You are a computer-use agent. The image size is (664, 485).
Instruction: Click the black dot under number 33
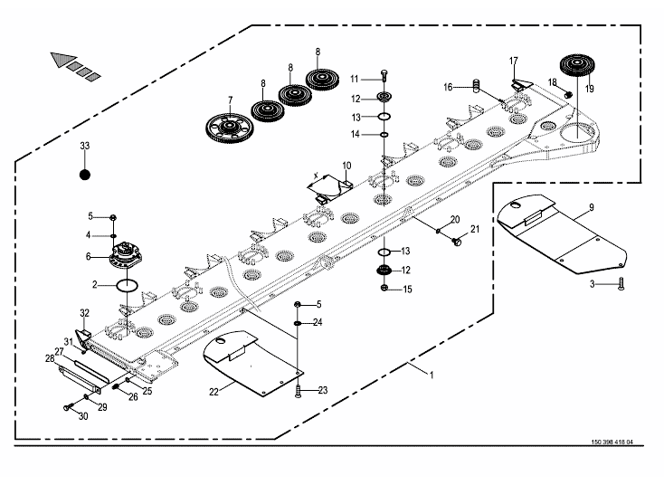coord(84,175)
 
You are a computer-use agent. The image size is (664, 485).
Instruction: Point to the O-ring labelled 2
coord(127,286)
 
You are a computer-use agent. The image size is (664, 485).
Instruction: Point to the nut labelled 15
coord(384,289)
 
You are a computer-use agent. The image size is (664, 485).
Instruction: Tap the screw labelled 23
coord(298,390)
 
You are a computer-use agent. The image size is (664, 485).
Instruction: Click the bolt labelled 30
coord(69,409)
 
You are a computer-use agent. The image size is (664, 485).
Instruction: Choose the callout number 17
coord(513,61)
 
